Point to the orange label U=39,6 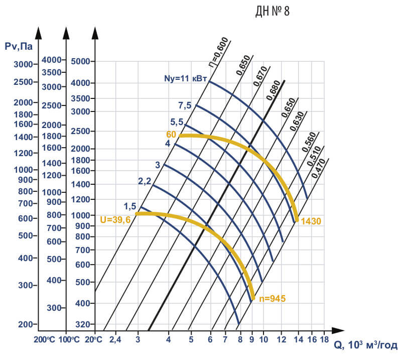[118, 219]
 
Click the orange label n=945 [273, 298]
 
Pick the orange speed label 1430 [311, 220]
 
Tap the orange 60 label [171, 135]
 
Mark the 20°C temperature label [94, 339]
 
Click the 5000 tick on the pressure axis [80, 62]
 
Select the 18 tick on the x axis [324, 339]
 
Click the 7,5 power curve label [185, 105]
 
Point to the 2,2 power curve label [145, 181]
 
